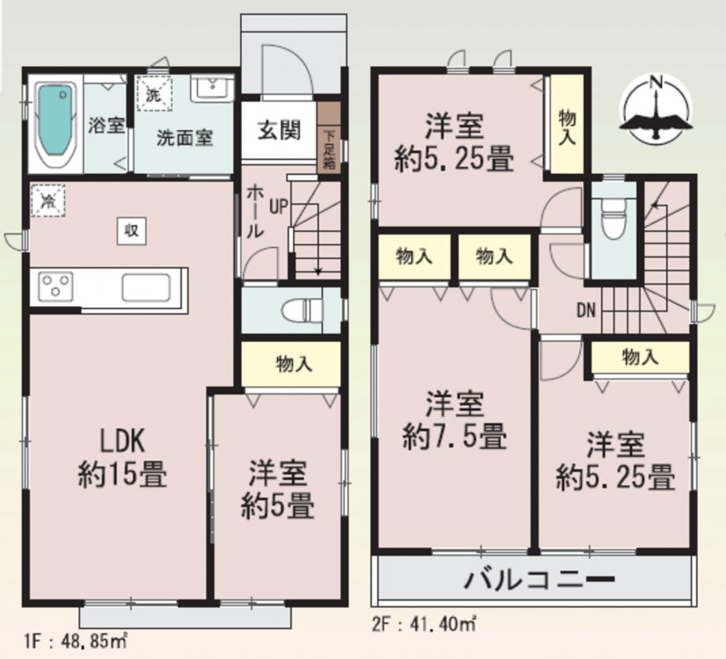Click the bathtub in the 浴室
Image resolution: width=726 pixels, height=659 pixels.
(x=55, y=124)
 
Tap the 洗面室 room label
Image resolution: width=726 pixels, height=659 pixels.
(x=185, y=137)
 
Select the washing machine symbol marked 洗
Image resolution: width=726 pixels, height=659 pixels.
(x=154, y=93)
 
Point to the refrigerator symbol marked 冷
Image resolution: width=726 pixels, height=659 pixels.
(x=48, y=200)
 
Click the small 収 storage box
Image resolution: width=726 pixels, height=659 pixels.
(x=132, y=230)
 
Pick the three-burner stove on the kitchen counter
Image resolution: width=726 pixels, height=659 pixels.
(x=55, y=284)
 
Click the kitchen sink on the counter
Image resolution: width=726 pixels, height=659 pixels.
(x=146, y=287)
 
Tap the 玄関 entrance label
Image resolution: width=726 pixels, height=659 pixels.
(x=280, y=130)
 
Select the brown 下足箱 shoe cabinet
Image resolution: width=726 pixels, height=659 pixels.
(x=330, y=137)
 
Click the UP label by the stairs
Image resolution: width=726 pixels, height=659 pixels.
(x=279, y=206)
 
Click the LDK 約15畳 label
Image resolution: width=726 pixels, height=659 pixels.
(x=122, y=457)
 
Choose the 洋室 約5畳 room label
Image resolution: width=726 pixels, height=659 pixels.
(x=278, y=489)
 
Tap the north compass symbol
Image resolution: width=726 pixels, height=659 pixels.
(x=656, y=109)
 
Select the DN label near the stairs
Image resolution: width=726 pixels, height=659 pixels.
(x=586, y=310)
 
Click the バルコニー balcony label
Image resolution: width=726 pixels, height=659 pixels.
(x=540, y=579)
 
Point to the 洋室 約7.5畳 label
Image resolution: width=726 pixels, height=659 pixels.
(x=454, y=420)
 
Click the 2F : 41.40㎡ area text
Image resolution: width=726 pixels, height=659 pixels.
(x=425, y=624)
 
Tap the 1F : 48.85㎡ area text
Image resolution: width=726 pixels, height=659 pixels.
(x=76, y=641)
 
